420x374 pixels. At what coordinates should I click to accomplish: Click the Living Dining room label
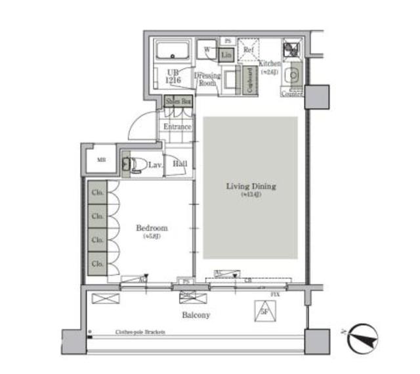click(x=251, y=187)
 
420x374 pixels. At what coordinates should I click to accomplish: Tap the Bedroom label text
click(x=152, y=228)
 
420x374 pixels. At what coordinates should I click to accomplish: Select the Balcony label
click(x=196, y=316)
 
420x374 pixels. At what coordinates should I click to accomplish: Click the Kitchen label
click(x=270, y=64)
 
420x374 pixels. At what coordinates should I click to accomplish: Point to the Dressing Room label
click(x=207, y=80)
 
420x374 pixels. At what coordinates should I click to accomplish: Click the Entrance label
click(x=177, y=127)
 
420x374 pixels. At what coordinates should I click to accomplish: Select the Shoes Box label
click(x=178, y=101)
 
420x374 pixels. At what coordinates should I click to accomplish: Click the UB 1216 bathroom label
click(x=173, y=76)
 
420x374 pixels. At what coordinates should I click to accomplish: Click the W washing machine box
click(x=207, y=49)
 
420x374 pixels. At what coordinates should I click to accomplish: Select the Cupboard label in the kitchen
click(x=249, y=81)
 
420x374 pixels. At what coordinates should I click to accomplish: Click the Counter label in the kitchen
click(x=291, y=94)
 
